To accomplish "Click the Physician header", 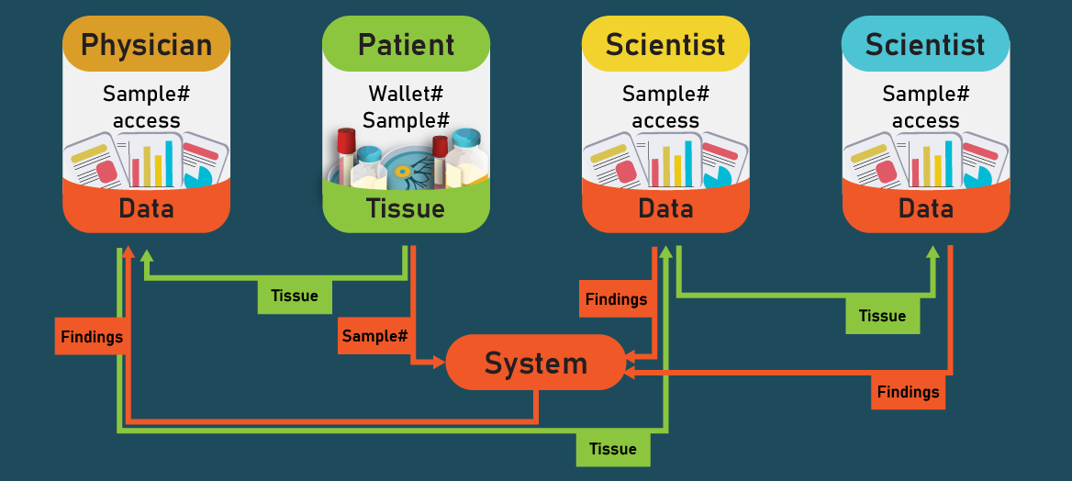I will tap(146, 44).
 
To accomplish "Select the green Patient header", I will tap(406, 44).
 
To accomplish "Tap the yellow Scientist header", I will tap(665, 44).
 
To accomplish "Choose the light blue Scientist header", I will tap(925, 44).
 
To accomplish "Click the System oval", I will tap(535, 363).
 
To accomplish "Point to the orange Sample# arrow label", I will tap(374, 336).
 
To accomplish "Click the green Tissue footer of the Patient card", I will tap(406, 208).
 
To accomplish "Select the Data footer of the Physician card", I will tap(146, 208).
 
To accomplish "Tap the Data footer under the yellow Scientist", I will tap(665, 208).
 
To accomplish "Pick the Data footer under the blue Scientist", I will tap(925, 208).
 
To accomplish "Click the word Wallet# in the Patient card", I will tap(406, 94).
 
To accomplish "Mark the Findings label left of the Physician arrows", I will tap(92, 337).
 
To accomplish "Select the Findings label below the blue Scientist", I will tap(908, 392).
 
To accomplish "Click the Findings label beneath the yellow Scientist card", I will tap(616, 299).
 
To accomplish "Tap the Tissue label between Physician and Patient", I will tap(295, 296).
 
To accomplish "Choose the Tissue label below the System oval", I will tap(613, 448).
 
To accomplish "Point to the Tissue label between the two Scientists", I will tap(882, 316).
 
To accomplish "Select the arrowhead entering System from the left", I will tap(439, 363).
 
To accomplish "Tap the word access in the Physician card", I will tap(146, 120).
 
